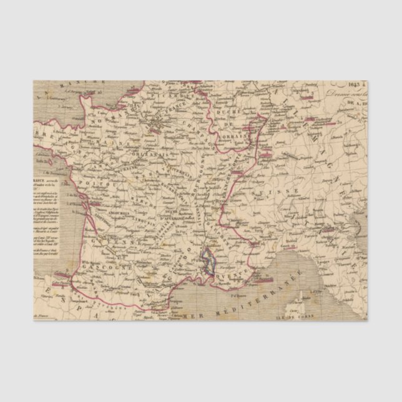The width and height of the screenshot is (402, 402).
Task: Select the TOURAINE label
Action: (x=141, y=173)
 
